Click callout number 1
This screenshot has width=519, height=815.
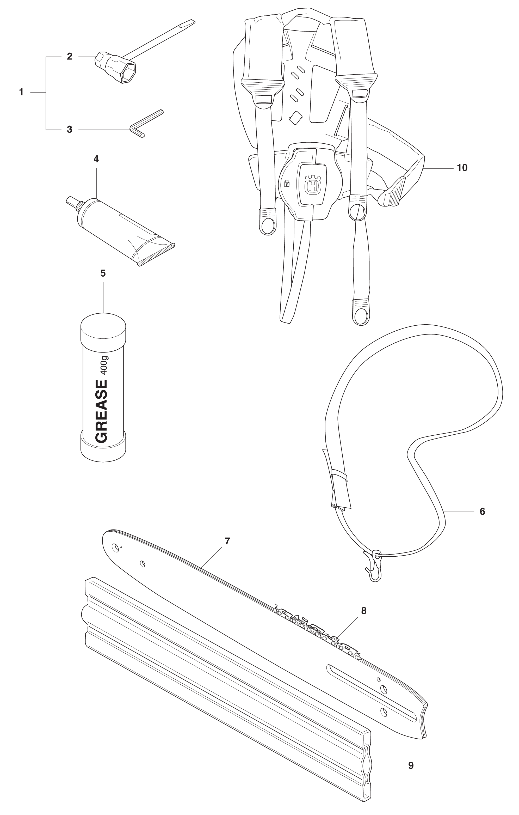coord(21,92)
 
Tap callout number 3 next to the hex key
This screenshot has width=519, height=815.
coord(69,129)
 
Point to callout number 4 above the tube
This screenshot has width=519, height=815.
coord(96,159)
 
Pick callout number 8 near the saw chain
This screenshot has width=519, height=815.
coord(364,611)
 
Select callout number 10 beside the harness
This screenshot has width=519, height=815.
coord(462,168)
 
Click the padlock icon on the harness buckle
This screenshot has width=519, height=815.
coord(287,184)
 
